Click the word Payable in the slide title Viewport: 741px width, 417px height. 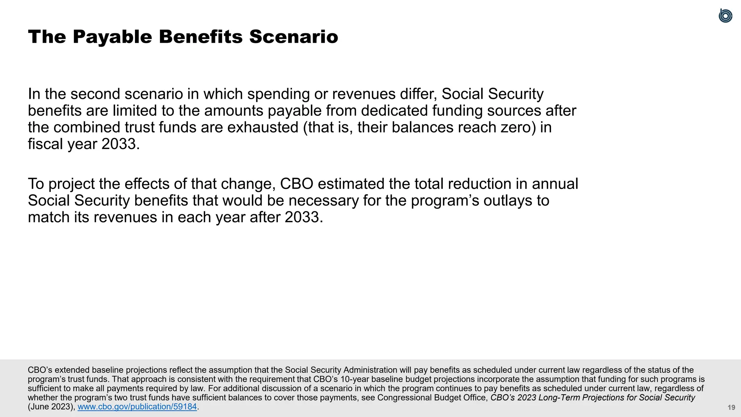coord(112,37)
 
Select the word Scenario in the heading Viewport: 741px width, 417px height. coord(293,37)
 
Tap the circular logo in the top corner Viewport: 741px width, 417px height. coord(725,16)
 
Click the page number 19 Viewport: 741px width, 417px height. coord(731,408)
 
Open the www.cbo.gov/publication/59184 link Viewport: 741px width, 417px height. coord(137,407)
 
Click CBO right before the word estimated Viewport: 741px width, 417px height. coord(297,184)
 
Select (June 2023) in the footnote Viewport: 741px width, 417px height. coord(51,407)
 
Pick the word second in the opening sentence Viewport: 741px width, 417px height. coord(95,94)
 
